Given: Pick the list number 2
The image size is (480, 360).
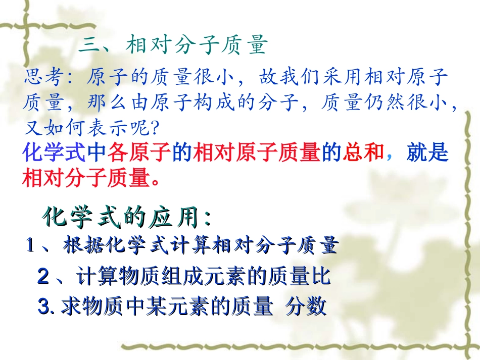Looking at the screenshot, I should pyautogui.click(x=43, y=277).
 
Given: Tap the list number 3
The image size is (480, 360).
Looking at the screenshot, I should pyautogui.click(x=44, y=306).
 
